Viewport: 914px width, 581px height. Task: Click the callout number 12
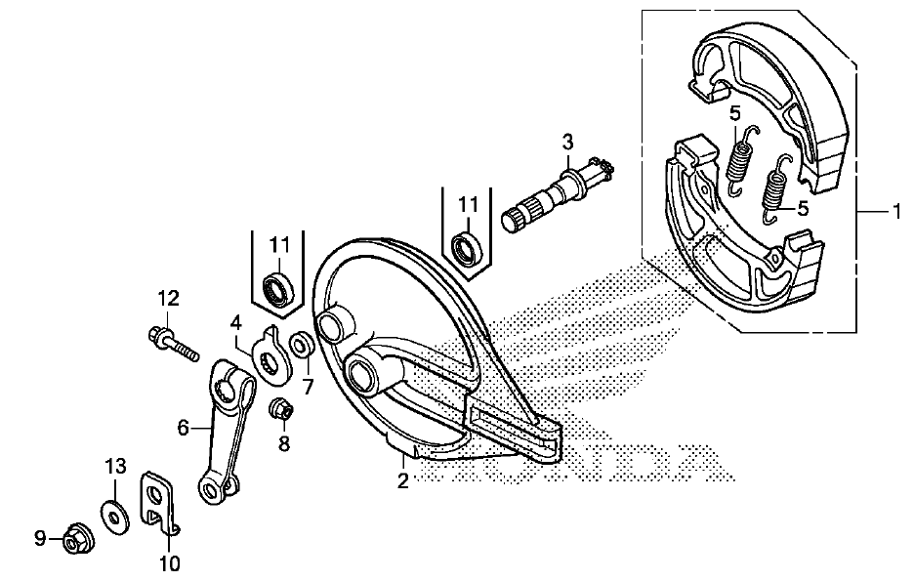[x=168, y=299]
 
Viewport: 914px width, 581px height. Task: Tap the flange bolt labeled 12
[x=173, y=345]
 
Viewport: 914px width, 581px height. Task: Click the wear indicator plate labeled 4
[x=271, y=354]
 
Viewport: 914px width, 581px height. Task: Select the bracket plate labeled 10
[x=158, y=501]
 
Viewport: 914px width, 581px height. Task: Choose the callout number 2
[x=402, y=481]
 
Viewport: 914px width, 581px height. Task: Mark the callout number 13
[x=115, y=466]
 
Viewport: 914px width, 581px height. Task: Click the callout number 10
[x=169, y=563]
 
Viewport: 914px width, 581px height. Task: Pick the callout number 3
[x=567, y=142]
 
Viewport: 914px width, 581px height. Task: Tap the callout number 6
[x=184, y=429]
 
